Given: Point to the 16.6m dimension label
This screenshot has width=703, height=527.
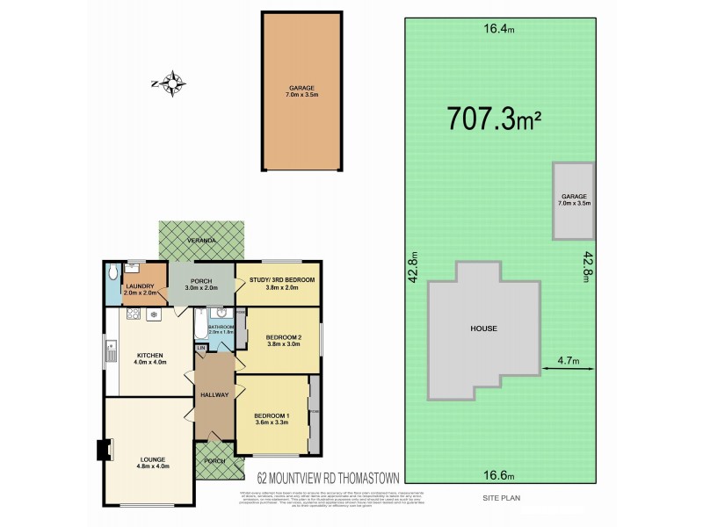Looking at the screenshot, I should pos(497,475).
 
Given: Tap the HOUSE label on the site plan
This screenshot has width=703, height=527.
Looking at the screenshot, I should pos(483,328).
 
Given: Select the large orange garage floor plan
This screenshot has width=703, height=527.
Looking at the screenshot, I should pos(302,90).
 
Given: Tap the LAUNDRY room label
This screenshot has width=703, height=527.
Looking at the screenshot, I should pos(140,287).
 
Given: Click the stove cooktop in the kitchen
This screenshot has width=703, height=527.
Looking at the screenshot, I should pos(134,313).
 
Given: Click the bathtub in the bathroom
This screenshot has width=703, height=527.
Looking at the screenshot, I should pos(200,324).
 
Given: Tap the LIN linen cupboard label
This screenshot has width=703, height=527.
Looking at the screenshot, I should pos(200,349).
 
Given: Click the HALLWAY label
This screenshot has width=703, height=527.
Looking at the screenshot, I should pos(214,394).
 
